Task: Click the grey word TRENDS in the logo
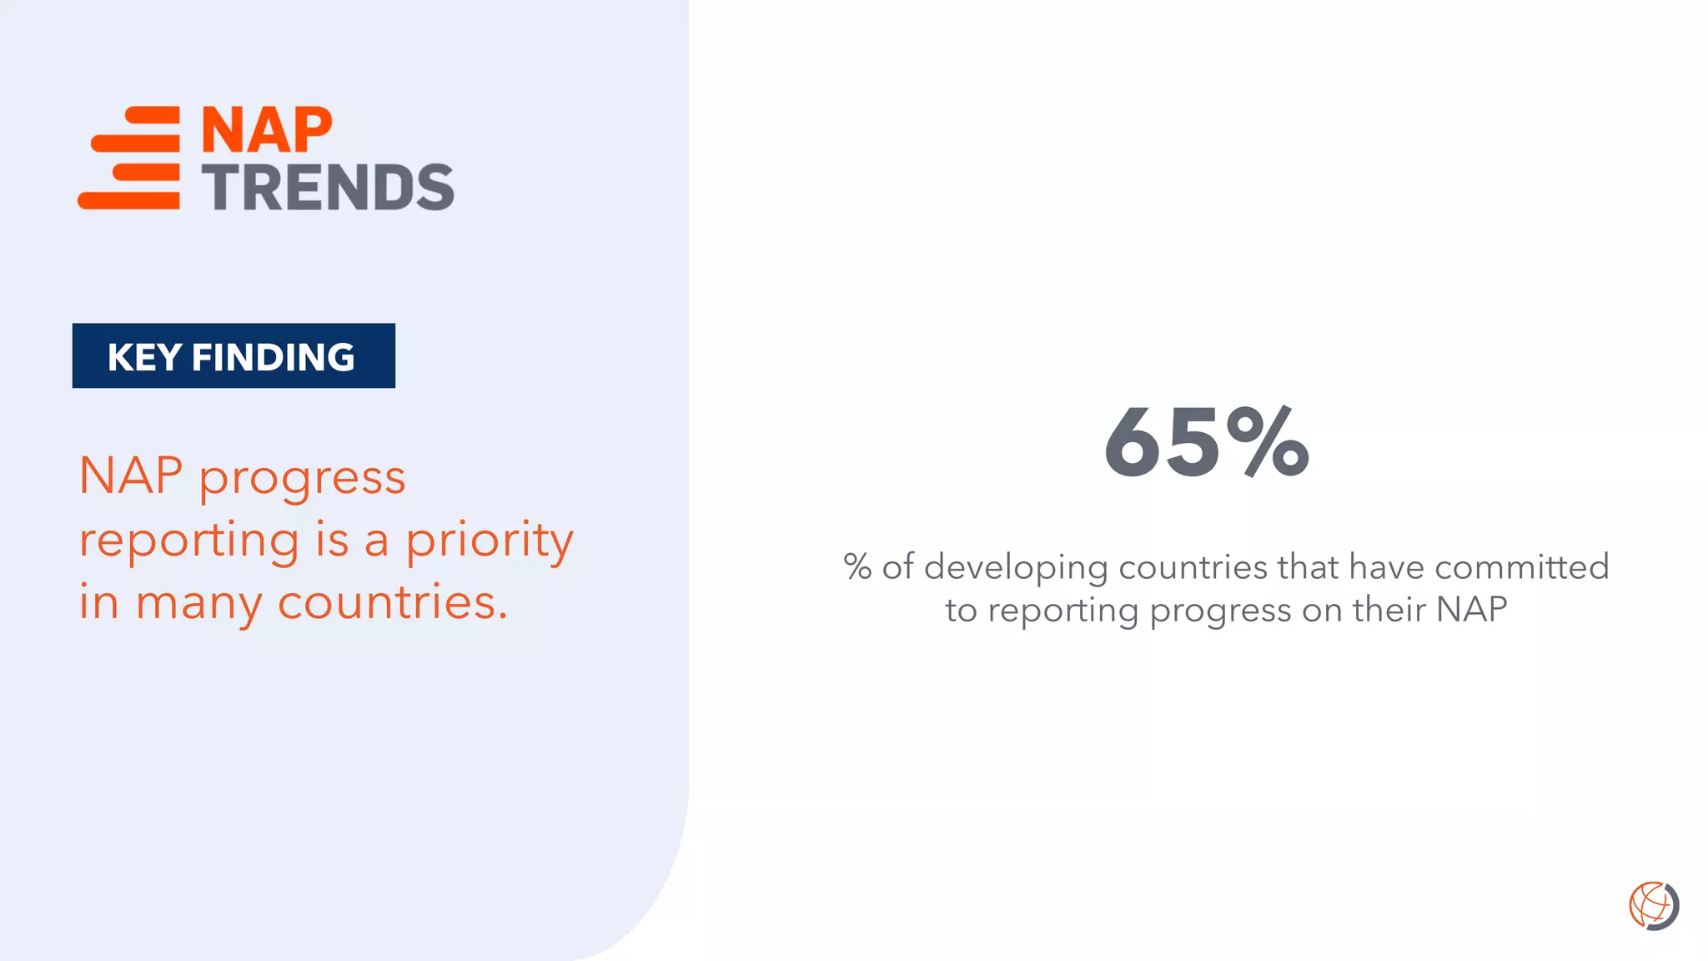[x=328, y=187]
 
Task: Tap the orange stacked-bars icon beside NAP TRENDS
[x=130, y=158]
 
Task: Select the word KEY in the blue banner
[x=144, y=357]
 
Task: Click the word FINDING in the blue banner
[x=273, y=357]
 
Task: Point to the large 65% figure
[x=1206, y=443]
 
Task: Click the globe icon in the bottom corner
[x=1653, y=905]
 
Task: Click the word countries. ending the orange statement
[x=392, y=602]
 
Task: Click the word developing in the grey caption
[x=1015, y=568]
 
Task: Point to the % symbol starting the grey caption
[x=857, y=566]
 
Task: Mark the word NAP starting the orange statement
[x=131, y=476]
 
